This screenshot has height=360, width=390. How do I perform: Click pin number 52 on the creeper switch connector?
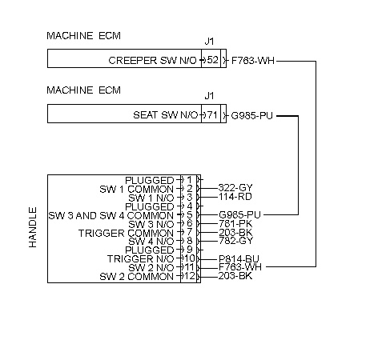[213, 60]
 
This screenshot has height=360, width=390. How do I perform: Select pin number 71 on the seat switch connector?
[212, 115]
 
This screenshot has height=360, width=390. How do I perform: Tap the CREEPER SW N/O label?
[152, 61]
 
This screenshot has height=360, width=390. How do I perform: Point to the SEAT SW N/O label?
[166, 115]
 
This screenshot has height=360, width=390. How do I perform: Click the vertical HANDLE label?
[33, 227]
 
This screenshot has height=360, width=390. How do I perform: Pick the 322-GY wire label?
[235, 188]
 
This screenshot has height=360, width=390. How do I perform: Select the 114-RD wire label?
[235, 197]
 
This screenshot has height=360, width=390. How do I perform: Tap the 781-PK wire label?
[235, 223]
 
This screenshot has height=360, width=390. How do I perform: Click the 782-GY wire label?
[235, 241]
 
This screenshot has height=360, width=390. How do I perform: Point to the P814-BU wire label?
[239, 258]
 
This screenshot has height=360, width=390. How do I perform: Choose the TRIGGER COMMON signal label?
[126, 234]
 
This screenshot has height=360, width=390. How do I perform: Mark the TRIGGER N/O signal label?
[141, 259]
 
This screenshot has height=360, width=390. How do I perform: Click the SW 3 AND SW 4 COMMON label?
[111, 215]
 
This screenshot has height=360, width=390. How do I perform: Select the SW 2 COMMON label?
[136, 277]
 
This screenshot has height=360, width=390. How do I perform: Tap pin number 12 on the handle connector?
[190, 276]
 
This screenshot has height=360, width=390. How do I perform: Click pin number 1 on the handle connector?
[190, 180]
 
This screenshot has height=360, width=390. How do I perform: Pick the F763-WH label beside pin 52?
[253, 61]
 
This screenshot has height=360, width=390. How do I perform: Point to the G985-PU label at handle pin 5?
[239, 214]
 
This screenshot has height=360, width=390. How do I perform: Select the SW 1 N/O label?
[151, 198]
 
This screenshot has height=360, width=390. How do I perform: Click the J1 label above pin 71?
[210, 95]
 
